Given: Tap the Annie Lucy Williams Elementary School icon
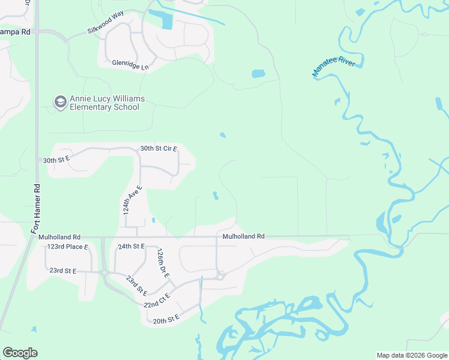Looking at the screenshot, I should click(x=60, y=103).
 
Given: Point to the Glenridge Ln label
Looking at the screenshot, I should click(x=130, y=62).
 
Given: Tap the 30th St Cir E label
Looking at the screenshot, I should click(x=158, y=148).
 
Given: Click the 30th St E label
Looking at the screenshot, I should click(x=57, y=160).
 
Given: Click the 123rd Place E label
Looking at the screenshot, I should click(x=67, y=247).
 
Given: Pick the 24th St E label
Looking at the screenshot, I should click(x=131, y=247).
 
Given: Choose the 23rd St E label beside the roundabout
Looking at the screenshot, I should click(x=63, y=271).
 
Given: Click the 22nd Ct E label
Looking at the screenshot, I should click(x=157, y=301).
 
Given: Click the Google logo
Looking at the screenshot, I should click(x=20, y=353).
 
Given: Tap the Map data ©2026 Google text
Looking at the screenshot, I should click(x=411, y=355).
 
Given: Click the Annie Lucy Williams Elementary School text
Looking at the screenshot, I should click(x=104, y=103).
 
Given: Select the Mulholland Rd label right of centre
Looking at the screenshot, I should click(x=244, y=236).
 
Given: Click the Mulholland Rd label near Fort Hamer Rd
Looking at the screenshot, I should click(x=59, y=237).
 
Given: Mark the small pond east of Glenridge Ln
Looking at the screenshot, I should click(x=258, y=74).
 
